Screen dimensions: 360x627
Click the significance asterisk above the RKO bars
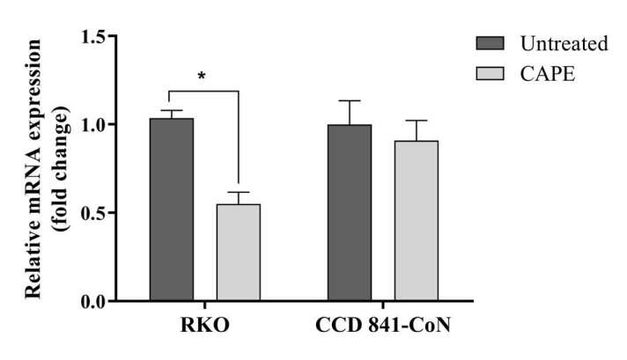click(x=203, y=76)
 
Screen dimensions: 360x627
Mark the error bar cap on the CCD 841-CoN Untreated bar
click(x=350, y=101)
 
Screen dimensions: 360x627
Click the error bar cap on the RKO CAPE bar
click(x=239, y=192)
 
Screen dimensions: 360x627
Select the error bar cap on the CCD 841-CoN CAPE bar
click(x=417, y=121)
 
